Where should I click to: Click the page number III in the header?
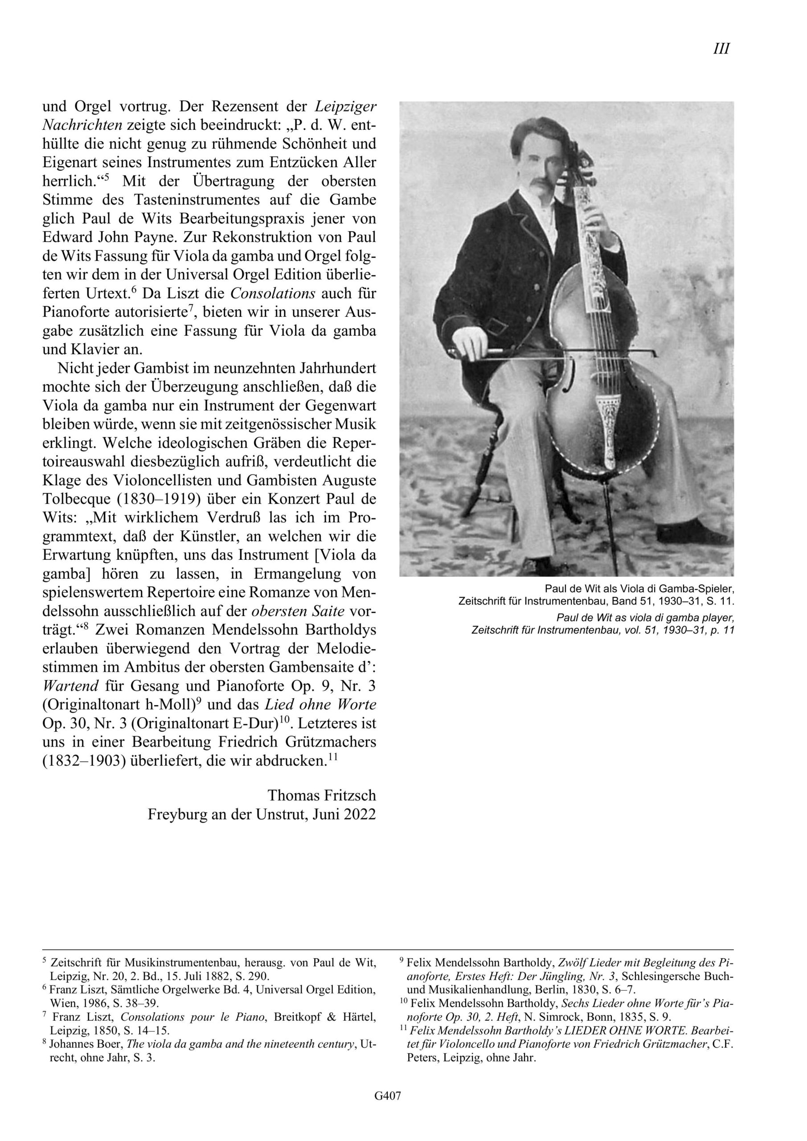click(721, 49)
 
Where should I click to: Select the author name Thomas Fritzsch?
click(322, 795)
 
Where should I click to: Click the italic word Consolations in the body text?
click(273, 293)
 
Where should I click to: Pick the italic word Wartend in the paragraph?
click(70, 686)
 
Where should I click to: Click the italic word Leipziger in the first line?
click(345, 107)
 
